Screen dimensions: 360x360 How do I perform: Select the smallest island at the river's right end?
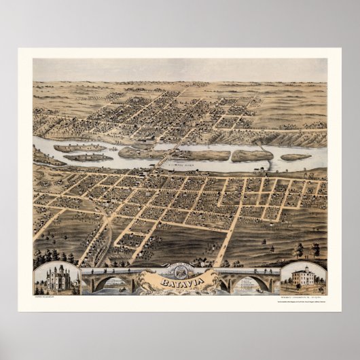pyautogui.click(x=295, y=157)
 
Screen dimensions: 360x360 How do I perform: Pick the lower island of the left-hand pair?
pyautogui.click(x=88, y=158)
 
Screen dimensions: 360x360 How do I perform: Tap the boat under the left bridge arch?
pyautogui.click(x=109, y=289)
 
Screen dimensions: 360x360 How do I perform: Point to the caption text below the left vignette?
pyautogui.click(x=43, y=297)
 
